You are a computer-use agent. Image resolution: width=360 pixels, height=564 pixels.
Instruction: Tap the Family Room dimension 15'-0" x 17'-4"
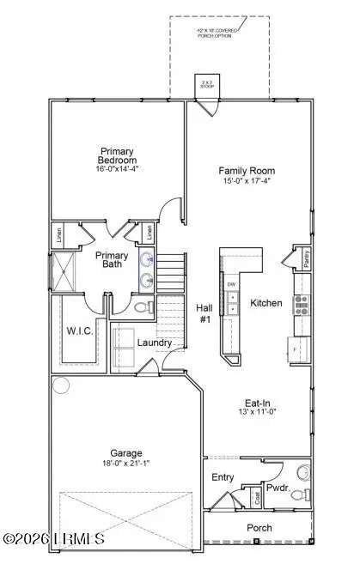tap(246, 182)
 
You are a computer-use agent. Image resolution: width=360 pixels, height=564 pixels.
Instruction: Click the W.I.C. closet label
tap(79, 331)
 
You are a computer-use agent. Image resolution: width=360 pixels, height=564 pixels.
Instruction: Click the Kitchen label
tap(265, 303)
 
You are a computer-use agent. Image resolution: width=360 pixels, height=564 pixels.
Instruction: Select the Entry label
tap(222, 477)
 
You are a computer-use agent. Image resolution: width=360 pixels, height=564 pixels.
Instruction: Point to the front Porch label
tap(259, 527)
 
